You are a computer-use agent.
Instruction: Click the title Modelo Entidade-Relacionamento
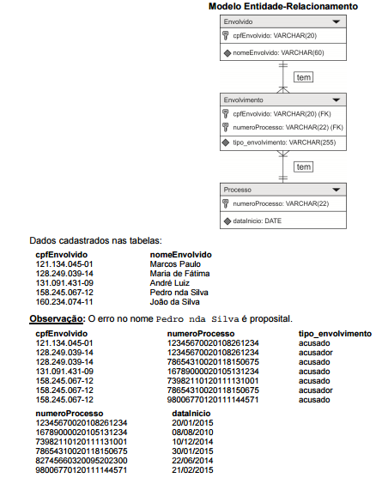tap(282, 6)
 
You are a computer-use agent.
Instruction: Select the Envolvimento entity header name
tap(243, 100)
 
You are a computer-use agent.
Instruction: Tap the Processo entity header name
tap(237, 189)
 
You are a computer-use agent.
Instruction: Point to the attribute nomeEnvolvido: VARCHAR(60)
tap(272, 52)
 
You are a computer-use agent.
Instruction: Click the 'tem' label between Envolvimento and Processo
tap(302, 166)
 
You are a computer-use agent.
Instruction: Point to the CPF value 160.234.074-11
tap(64, 301)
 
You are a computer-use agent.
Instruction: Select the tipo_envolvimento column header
tap(335, 333)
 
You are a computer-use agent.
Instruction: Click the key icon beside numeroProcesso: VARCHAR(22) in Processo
tap(225, 203)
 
